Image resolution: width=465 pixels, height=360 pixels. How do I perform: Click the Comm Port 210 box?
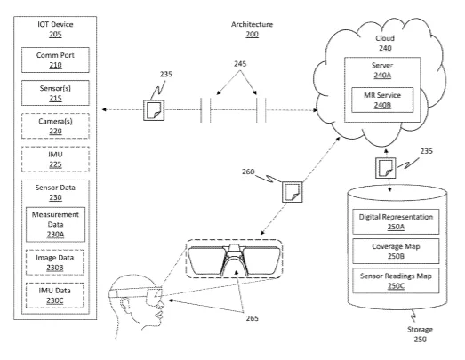55,60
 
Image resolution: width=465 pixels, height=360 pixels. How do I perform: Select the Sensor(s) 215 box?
55,92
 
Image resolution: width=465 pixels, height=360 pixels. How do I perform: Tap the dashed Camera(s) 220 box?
55,125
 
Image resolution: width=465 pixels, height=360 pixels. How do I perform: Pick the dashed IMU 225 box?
55,159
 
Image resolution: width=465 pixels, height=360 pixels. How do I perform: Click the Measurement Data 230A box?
55,225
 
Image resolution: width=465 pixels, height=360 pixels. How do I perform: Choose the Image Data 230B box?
55,262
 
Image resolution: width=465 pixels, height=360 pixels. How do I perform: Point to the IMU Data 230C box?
55,295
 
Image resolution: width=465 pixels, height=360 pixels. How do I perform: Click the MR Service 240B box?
382,100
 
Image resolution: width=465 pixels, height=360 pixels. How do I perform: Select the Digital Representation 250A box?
396,221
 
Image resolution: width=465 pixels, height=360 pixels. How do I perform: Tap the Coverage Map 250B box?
396,252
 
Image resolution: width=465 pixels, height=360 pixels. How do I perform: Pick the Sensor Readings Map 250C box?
396,281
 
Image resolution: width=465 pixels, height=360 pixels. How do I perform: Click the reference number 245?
240,64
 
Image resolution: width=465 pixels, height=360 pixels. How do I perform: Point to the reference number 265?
253,318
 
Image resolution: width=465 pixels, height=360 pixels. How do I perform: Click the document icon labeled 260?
293,192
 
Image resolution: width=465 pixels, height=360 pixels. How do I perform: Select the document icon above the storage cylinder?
386,168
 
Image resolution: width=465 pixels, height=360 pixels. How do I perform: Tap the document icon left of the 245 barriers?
154,110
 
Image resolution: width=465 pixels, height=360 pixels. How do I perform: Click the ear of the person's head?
125,306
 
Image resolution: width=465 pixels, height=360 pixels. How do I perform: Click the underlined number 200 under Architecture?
253,35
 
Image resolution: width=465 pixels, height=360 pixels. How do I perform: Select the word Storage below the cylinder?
420,330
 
